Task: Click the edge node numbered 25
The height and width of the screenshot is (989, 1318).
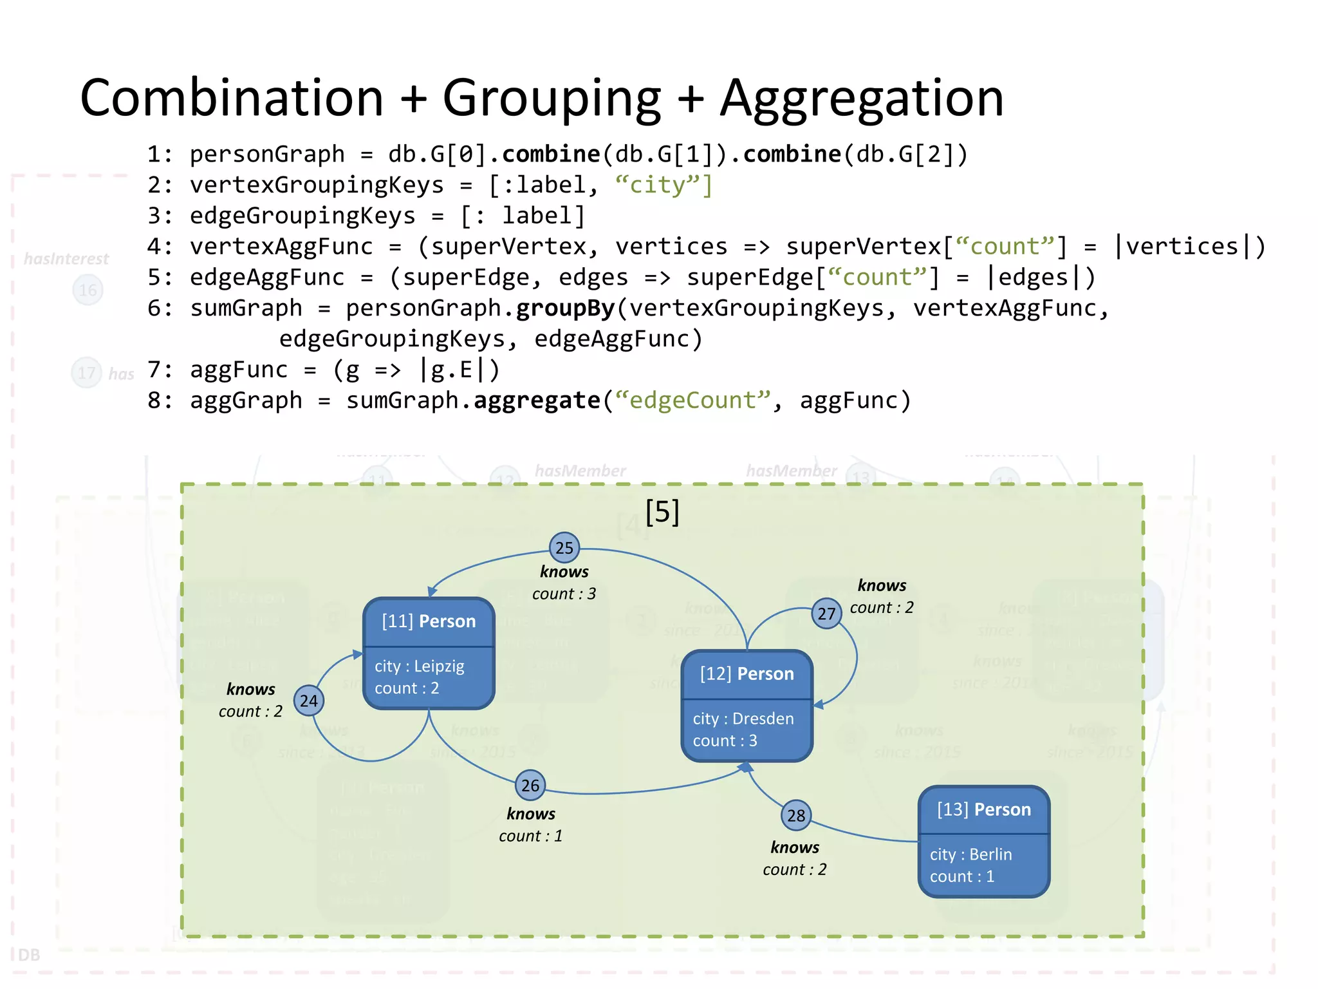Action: tap(564, 548)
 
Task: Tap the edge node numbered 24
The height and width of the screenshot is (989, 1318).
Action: tap(309, 701)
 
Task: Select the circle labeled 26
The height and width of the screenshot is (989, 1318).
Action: tap(530, 786)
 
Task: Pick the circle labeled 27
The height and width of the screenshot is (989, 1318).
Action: tap(826, 614)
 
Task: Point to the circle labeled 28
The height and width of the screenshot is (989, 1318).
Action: tap(796, 816)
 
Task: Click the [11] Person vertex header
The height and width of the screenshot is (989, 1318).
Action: tap(429, 621)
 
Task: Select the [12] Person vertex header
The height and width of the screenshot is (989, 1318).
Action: tap(747, 674)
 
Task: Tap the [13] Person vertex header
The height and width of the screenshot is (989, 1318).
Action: tap(983, 810)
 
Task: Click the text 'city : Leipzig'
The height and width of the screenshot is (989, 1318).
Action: tap(420, 666)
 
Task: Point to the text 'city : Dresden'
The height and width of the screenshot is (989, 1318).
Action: tap(743, 719)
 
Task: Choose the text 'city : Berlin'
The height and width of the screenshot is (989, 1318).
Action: tap(970, 854)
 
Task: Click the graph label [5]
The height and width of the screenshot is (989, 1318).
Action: tap(662, 513)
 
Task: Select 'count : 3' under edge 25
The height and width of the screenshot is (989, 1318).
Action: tap(564, 594)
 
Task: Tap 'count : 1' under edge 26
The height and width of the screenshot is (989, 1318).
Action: tap(530, 836)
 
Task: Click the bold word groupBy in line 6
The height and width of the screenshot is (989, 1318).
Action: tap(566, 308)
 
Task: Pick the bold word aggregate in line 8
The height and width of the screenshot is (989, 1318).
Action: tap(537, 400)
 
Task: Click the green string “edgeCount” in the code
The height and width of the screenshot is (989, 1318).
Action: tap(692, 400)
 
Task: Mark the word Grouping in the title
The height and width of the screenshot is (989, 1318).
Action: tap(552, 99)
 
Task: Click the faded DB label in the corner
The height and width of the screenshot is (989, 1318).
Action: tap(29, 954)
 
